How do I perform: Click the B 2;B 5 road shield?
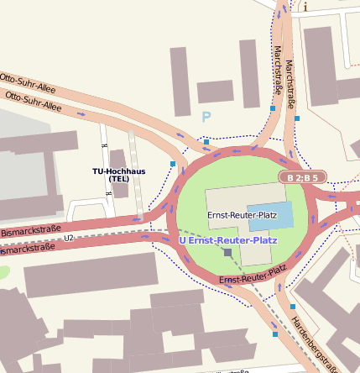tap(301, 177)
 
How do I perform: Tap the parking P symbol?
tap(206, 118)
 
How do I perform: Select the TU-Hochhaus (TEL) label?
tap(118, 175)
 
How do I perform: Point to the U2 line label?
tap(69, 239)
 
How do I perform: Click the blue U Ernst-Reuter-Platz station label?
tap(228, 240)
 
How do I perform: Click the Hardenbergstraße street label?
tap(316, 343)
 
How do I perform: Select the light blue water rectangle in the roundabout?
tap(270, 215)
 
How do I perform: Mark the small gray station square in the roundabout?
tap(228, 252)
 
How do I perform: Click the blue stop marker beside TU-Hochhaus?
tap(174, 163)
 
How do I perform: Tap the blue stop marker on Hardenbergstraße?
tap(275, 334)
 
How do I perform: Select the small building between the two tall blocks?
tap(215, 90)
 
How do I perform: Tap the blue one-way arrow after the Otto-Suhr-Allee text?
tap(81, 112)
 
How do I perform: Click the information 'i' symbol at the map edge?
tap(305, 7)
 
